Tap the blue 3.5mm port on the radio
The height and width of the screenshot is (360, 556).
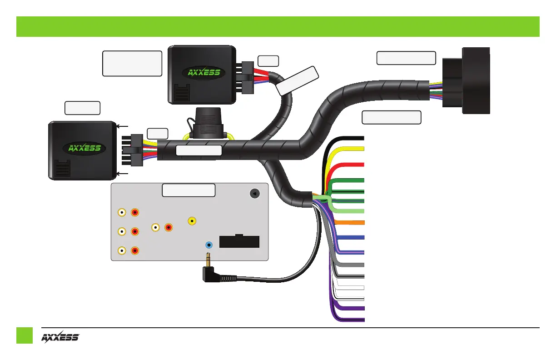point(209,245)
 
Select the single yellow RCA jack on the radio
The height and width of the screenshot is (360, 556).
point(193,221)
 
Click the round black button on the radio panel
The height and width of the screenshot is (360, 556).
point(255,193)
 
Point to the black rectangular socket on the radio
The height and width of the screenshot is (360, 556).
point(239,241)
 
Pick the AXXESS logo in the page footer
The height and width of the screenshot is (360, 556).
point(60,337)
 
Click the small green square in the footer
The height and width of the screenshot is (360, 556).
point(25,335)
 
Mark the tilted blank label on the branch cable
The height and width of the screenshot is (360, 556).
point(298,81)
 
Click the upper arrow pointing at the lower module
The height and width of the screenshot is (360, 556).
point(123,127)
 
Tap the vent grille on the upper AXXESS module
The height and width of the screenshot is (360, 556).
point(182,94)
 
